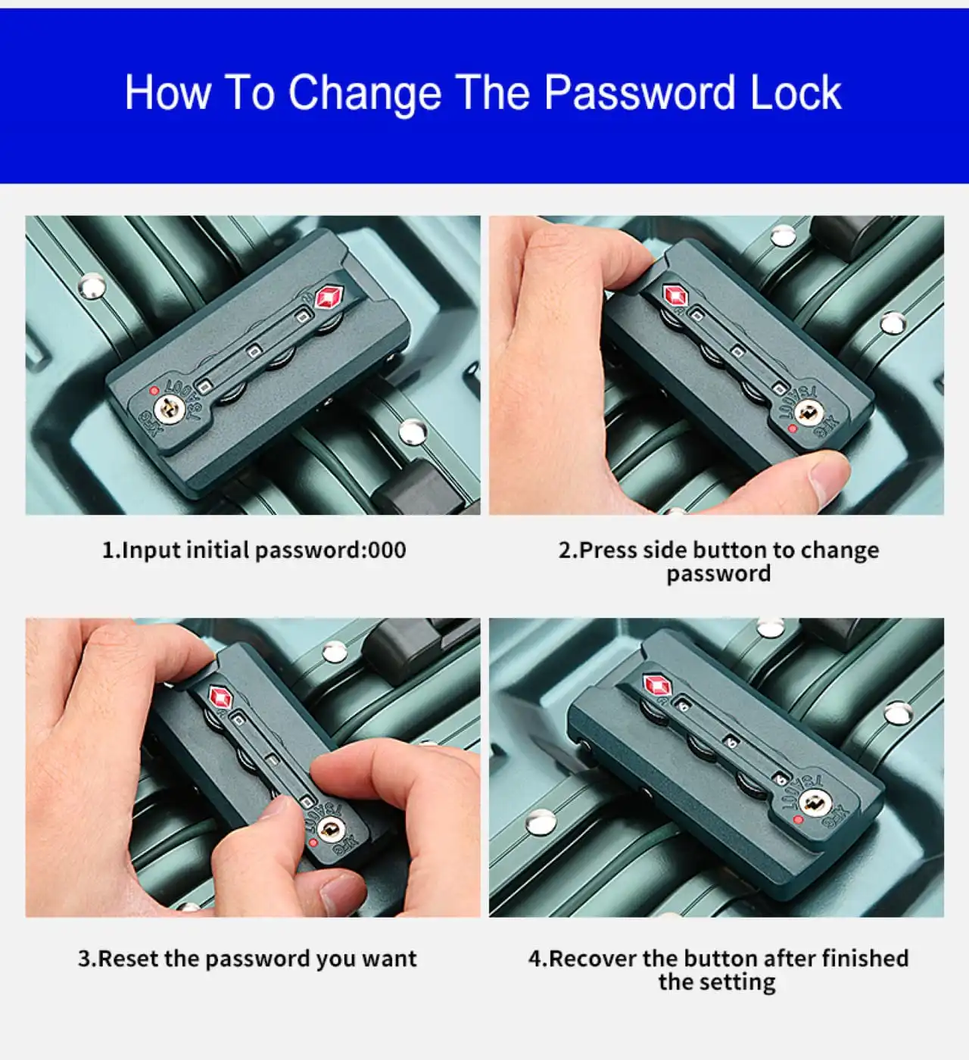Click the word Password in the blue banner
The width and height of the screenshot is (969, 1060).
[639, 92]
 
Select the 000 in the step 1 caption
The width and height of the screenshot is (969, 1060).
[387, 550]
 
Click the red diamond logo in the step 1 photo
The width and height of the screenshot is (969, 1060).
[329, 298]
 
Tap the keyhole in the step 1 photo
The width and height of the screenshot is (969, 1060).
[169, 408]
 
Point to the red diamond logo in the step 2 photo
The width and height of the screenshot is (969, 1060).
[675, 295]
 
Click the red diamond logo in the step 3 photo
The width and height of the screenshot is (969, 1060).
[221, 697]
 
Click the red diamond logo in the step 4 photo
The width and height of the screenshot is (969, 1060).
[657, 685]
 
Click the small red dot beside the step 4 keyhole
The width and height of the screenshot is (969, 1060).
[799, 820]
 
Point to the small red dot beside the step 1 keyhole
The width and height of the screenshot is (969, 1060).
[154, 391]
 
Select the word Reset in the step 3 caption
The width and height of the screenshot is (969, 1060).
[129, 959]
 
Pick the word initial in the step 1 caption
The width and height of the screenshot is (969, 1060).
[217, 550]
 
